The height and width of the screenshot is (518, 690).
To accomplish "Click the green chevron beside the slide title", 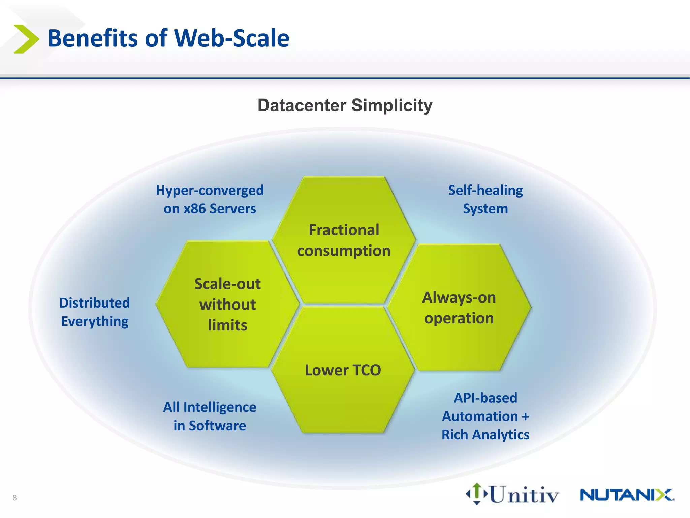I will pyautogui.click(x=26, y=39).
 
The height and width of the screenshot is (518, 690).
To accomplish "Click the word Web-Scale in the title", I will pyautogui.click(x=232, y=38).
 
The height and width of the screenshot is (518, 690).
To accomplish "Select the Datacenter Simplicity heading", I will pyautogui.click(x=345, y=105).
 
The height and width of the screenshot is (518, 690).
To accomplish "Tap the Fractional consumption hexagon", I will pyautogui.click(x=344, y=240).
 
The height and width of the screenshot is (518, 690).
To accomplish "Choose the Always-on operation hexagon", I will pyautogui.click(x=459, y=308).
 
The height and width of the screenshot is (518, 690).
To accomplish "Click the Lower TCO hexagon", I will pyautogui.click(x=343, y=370).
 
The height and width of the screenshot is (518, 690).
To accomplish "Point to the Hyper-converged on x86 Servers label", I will pyautogui.click(x=210, y=199).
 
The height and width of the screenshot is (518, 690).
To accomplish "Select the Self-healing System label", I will pyautogui.click(x=485, y=199).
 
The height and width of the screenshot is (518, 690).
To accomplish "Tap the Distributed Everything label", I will pyautogui.click(x=95, y=312).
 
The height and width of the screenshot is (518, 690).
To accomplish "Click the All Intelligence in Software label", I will pyautogui.click(x=210, y=416).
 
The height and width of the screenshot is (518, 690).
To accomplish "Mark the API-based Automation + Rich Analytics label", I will pyautogui.click(x=485, y=416).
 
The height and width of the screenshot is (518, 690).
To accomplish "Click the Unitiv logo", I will pyautogui.click(x=512, y=494).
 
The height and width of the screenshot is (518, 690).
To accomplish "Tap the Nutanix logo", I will pyautogui.click(x=627, y=495).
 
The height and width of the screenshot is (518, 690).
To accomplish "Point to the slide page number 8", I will pyautogui.click(x=14, y=498).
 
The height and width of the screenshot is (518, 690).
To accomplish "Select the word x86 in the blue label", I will pyautogui.click(x=194, y=209).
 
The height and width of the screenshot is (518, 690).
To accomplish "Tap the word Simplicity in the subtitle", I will pyautogui.click(x=392, y=105).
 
